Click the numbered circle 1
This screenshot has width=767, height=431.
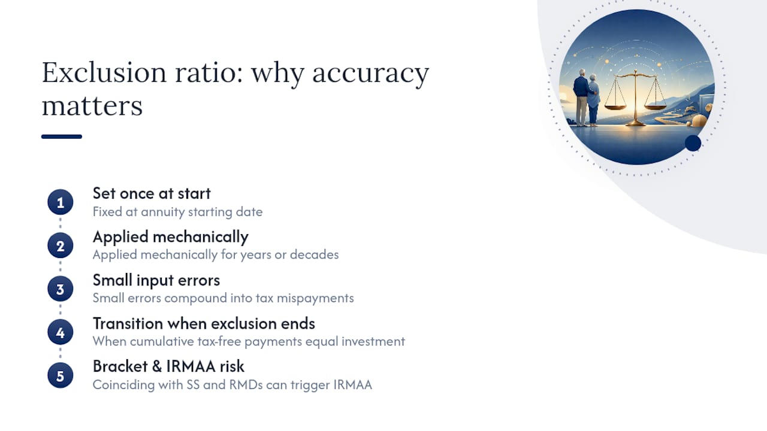[x=61, y=202]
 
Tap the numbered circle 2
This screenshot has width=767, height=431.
[x=61, y=245]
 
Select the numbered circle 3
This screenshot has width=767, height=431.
[x=61, y=289]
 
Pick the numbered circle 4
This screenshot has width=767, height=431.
[x=61, y=332]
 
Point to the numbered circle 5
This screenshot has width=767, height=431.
[x=61, y=375]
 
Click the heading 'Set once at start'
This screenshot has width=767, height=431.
[x=152, y=193]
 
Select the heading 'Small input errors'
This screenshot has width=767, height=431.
[x=156, y=281]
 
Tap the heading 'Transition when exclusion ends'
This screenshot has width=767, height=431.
[x=204, y=324]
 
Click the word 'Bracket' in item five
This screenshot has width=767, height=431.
[x=120, y=366]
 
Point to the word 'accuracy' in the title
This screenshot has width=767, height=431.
[x=370, y=73]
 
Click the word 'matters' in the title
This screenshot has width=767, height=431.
[x=92, y=106]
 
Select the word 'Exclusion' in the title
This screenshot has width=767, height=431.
[x=104, y=72]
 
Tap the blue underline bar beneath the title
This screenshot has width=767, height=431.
[x=62, y=136]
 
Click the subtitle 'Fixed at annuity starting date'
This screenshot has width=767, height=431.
[x=177, y=212]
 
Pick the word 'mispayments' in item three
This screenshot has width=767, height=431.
[x=315, y=299]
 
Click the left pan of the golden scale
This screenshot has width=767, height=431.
[x=615, y=107]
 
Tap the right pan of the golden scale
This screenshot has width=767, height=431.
[x=656, y=107]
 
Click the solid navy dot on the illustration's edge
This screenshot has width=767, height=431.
[x=693, y=143]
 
